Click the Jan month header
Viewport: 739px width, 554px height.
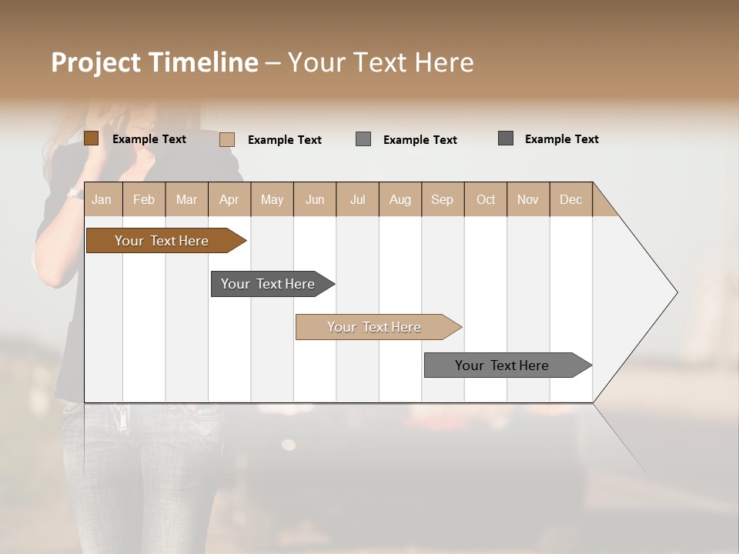[102, 199]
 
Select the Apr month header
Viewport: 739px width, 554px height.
[229, 199]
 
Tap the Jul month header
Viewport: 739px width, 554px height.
[357, 199]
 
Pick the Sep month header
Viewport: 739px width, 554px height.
[442, 199]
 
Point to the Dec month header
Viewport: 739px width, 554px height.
[570, 199]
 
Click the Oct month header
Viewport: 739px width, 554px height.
[486, 199]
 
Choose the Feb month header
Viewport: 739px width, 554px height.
[144, 199]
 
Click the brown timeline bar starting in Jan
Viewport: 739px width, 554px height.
[162, 241]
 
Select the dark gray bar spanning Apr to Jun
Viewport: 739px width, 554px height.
[268, 284]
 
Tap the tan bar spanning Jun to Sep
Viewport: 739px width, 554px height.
[374, 327]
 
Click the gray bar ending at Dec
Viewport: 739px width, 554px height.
[502, 365]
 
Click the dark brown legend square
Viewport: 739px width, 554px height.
[91, 138]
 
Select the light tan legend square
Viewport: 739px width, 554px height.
[227, 139]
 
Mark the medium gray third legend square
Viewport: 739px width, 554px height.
[363, 139]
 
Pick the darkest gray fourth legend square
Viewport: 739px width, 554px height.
[506, 138]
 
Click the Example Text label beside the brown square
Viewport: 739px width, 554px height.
[149, 139]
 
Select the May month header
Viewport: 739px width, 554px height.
[272, 199]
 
